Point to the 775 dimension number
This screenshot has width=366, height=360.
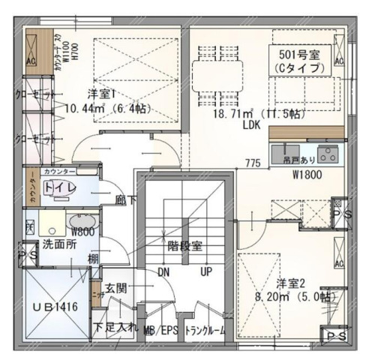pos(253,163)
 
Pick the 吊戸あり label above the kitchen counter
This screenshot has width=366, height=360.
pos(298,159)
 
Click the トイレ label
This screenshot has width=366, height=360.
pos(60,187)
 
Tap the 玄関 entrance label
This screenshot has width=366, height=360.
pos(116,287)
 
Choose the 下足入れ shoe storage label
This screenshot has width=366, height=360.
pos(115,328)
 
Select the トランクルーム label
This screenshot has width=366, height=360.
pos(205,329)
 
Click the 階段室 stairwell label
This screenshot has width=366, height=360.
pos(184,245)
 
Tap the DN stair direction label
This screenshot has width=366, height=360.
pos(164,271)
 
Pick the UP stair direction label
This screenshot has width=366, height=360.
pos(205,271)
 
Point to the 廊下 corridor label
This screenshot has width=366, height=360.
pos(125,200)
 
